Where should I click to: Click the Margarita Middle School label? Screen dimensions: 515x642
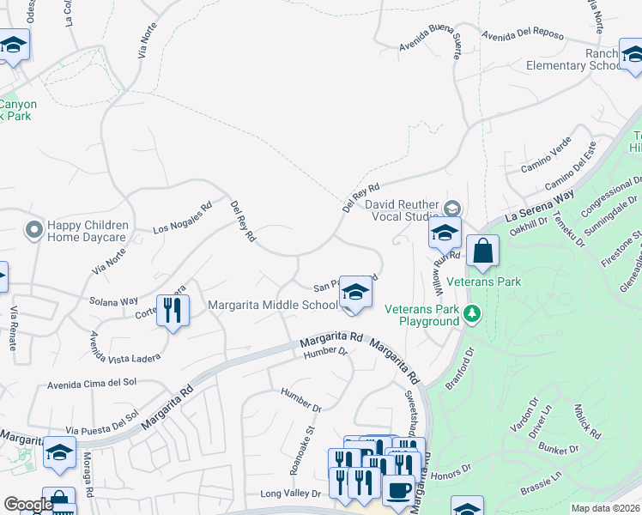coord(274,305)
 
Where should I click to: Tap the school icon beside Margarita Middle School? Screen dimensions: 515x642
coord(355,293)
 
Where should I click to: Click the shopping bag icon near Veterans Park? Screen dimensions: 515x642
coord(483,251)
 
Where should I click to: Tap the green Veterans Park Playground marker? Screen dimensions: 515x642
coord(470,314)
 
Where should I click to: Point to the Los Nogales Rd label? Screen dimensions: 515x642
coord(182,218)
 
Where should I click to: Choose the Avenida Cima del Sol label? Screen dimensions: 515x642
coord(92,383)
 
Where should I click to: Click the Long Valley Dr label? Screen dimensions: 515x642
coord(290,494)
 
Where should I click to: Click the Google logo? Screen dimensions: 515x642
coord(27,505)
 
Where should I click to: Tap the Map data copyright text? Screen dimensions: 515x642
coord(605,508)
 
